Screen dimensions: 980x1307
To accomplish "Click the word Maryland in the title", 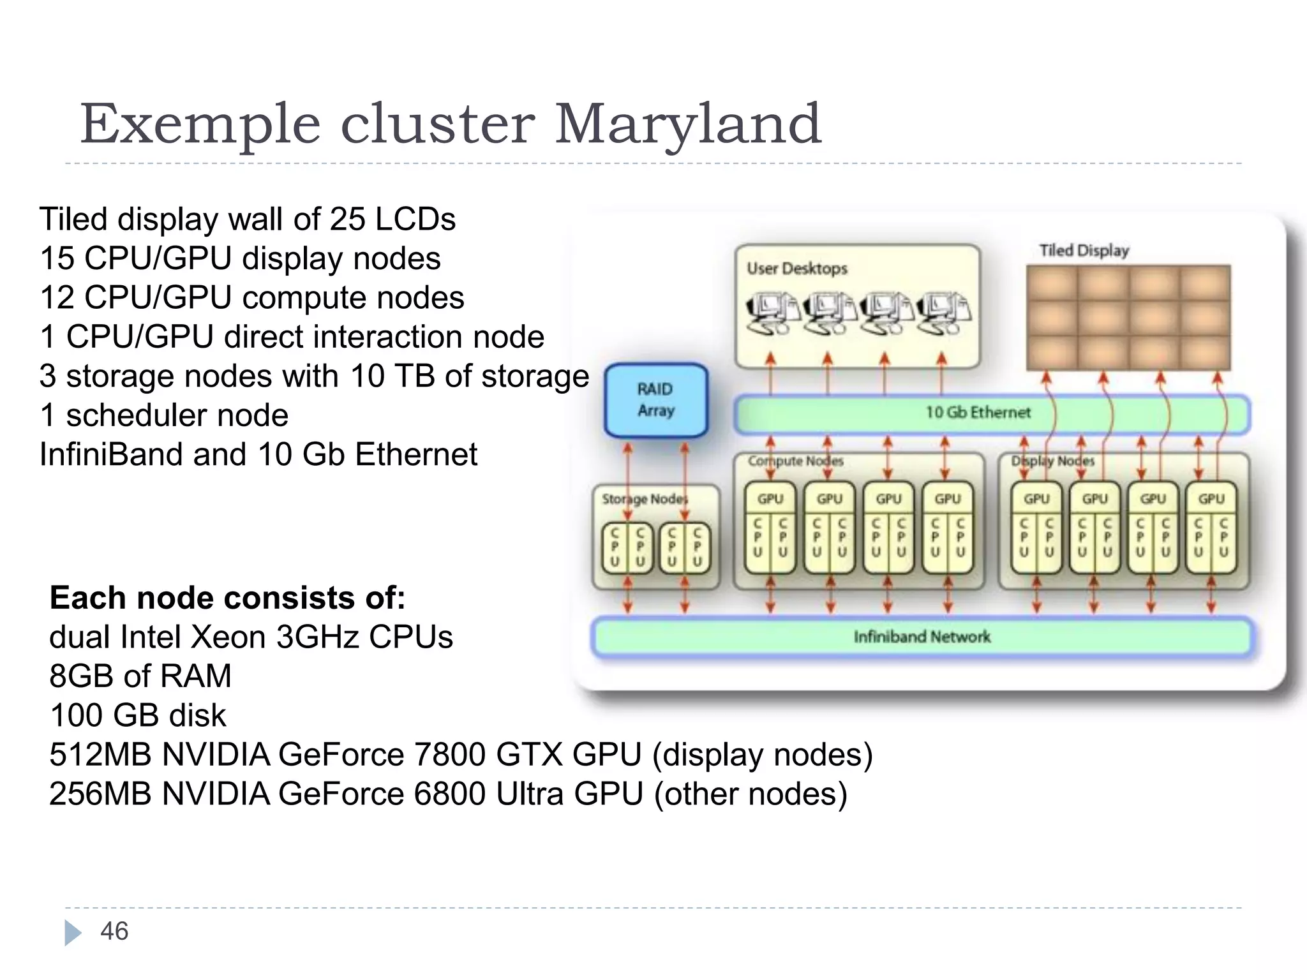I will (687, 124).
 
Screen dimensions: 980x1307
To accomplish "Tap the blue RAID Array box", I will (655, 400).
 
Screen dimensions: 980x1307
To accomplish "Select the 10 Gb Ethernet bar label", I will (978, 413).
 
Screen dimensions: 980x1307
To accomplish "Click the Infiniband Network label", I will (922, 637).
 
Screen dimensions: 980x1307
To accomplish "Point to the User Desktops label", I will (797, 269).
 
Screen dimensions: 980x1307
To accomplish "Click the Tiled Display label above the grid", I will (1084, 251).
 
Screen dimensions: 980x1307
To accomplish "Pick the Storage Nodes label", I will (645, 499).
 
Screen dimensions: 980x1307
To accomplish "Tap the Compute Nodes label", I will (795, 461).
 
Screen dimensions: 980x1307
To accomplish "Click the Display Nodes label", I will (1052, 461).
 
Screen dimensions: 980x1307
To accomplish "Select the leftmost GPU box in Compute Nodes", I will (770, 499).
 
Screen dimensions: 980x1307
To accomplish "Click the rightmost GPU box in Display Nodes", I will (1211, 499).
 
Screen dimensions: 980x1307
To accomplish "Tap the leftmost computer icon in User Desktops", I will (771, 313).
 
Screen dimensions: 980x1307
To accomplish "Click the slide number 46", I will (114, 932).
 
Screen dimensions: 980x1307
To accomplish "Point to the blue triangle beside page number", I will (73, 933).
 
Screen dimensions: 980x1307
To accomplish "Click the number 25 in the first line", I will (348, 219).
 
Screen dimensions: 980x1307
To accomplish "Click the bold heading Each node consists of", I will (227, 598).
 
